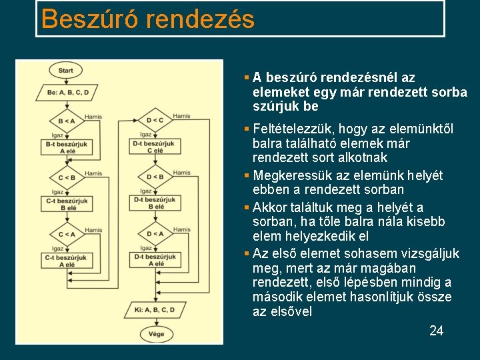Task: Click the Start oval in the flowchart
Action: click(65, 70)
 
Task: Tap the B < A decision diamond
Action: click(66, 121)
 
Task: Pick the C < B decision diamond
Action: click(66, 177)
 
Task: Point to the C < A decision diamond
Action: click(66, 234)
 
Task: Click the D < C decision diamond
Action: click(155, 120)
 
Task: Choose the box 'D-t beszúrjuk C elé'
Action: click(155, 147)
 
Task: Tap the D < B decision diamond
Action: click(155, 177)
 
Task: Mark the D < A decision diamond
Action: click(155, 233)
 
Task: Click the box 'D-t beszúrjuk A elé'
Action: click(155, 260)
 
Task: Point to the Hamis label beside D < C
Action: click(181, 116)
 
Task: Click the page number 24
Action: click(436, 331)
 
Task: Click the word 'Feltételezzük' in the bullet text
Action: click(293, 129)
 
